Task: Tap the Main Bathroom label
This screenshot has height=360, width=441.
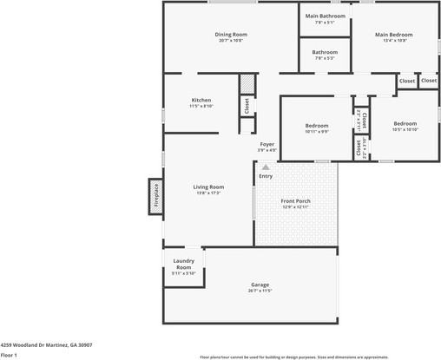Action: click(325, 16)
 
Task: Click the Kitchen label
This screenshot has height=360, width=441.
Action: click(201, 100)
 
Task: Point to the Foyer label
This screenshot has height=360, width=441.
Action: click(267, 144)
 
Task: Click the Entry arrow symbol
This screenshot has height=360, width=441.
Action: click(266, 167)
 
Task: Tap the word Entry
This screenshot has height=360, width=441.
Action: click(266, 176)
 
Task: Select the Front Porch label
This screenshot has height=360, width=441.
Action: click(296, 201)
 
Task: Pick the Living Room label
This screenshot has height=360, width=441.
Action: click(208, 187)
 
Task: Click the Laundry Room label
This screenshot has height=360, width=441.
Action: click(183, 264)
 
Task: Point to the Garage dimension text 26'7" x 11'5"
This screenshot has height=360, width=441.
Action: click(260, 291)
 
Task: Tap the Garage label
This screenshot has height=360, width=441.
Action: click(260, 285)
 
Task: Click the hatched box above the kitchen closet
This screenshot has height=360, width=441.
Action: click(247, 84)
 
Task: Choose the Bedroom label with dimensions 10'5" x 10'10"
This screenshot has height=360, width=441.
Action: click(405, 123)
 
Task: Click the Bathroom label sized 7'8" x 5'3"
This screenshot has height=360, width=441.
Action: click(325, 52)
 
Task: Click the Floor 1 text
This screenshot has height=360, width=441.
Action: click(10, 355)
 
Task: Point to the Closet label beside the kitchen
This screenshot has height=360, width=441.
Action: click(247, 106)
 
